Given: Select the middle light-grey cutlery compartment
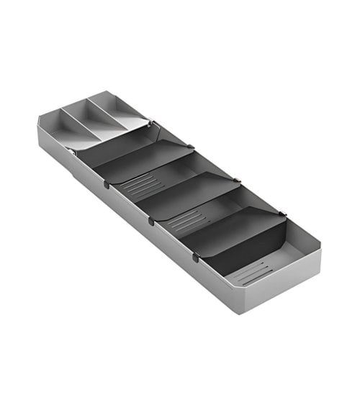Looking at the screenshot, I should pos(91,122).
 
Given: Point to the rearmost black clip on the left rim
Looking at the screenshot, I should pos(107,185).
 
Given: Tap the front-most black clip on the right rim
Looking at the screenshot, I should pos(283,213).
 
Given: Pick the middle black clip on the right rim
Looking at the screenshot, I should pos(237,179).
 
